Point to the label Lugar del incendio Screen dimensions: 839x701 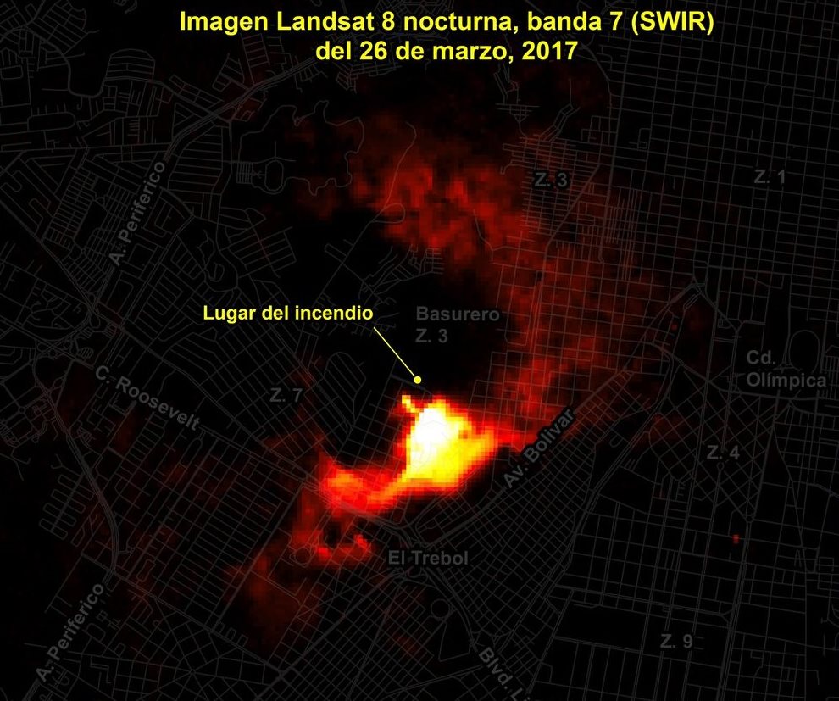288,312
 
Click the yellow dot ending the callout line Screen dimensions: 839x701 417,379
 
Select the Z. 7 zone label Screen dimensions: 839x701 286,395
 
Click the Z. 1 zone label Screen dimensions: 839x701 770,177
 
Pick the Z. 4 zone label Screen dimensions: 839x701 723,453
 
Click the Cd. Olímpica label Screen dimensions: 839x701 786,370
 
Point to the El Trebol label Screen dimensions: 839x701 428,558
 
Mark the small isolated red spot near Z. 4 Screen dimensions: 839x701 736,538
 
